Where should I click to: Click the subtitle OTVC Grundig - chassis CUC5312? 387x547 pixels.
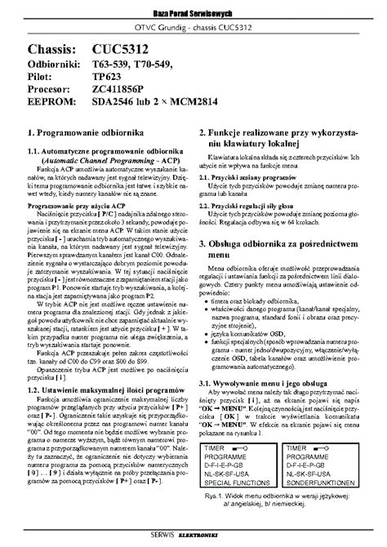(193, 30)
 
